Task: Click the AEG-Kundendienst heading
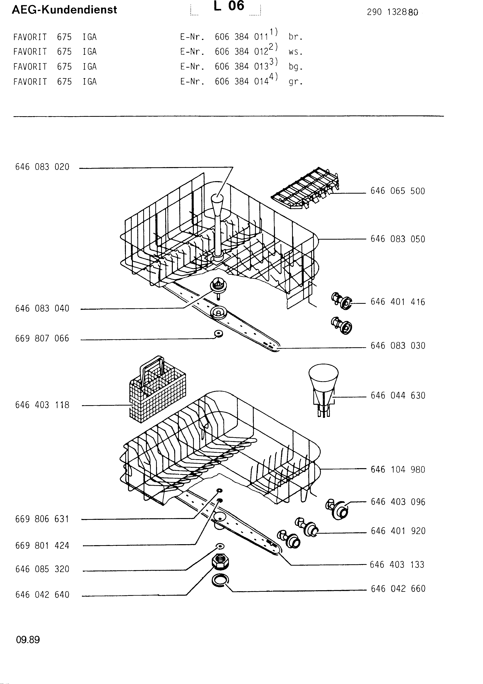pos(64,10)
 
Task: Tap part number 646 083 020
pos(42,167)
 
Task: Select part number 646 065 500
pos(398,191)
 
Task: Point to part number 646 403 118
pos(42,405)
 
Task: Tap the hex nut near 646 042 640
pos(220,562)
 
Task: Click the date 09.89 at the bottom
pos(28,640)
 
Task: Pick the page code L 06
pos(229,6)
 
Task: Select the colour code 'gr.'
pos(295,82)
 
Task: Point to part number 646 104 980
pos(398,470)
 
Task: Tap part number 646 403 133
pos(397,564)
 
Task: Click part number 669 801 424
pos(42,546)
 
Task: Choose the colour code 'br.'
pos(295,37)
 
